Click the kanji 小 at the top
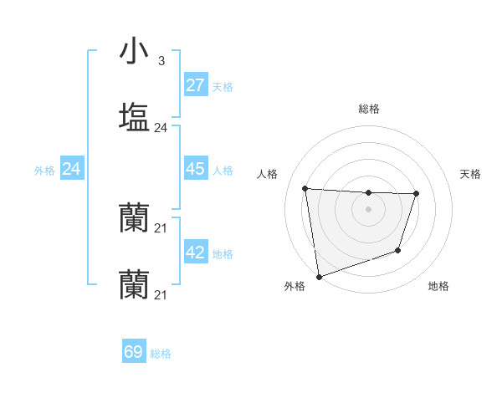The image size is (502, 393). click(x=134, y=51)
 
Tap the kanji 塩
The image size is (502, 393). click(x=134, y=116)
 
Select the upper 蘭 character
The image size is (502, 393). click(x=134, y=218)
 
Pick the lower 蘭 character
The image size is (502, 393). click(x=134, y=283)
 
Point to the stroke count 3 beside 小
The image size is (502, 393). click(x=161, y=61)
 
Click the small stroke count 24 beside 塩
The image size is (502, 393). click(x=161, y=128)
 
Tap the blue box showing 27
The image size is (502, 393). click(x=195, y=85)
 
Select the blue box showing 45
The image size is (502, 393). click(x=195, y=169)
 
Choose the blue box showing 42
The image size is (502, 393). click(x=195, y=253)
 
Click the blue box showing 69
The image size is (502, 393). click(x=134, y=352)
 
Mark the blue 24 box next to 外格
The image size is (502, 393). click(x=71, y=169)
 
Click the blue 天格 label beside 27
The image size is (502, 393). click(x=223, y=86)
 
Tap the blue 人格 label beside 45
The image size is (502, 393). click(x=223, y=170)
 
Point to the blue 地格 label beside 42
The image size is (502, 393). click(x=223, y=254)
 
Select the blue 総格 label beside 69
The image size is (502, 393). click(x=161, y=354)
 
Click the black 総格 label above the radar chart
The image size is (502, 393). click(x=369, y=109)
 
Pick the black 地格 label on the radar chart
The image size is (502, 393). click(x=438, y=286)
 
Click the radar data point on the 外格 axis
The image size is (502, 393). click(x=319, y=276)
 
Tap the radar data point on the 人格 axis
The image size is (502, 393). click(x=305, y=188)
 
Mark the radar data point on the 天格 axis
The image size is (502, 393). click(x=416, y=193)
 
